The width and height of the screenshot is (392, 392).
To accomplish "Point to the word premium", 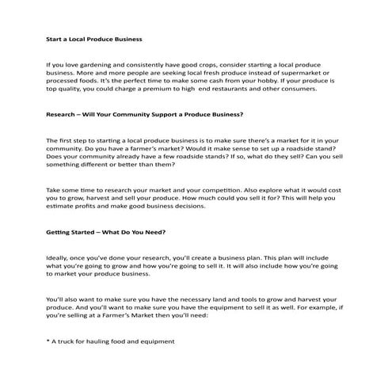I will pos(178,89).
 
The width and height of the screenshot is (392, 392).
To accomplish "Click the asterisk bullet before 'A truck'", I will pos(48,341).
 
